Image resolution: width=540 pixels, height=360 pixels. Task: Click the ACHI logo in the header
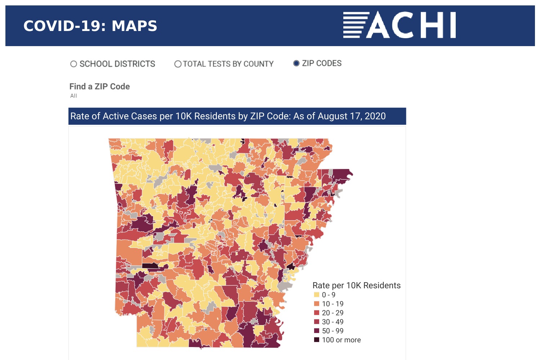400,25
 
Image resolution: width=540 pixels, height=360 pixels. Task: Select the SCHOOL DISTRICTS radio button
73,64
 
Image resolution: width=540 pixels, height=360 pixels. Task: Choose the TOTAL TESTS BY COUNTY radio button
178,64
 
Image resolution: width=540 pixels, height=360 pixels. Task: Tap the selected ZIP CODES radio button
296,63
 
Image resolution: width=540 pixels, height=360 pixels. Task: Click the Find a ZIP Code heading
99,86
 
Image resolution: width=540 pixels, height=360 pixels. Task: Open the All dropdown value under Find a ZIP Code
73,96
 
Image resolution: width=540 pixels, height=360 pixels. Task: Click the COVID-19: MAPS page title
90,26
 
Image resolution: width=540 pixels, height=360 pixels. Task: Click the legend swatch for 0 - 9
317,295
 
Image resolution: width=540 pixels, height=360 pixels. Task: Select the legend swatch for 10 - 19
317,304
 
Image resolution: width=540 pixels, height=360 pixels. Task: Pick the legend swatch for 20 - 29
317,313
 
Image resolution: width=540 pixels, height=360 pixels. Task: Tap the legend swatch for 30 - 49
317,322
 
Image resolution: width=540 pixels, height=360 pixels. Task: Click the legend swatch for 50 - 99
317,331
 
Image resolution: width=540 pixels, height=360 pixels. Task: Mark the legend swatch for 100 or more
317,340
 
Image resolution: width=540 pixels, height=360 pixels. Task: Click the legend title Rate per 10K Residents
356,285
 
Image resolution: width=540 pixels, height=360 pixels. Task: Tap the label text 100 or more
341,340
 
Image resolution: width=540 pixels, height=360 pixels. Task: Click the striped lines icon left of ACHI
356,25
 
